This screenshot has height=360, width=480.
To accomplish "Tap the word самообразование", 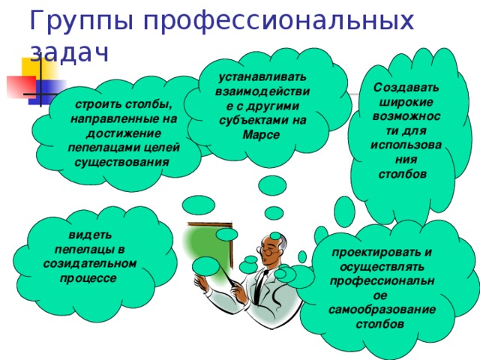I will [x=382, y=309].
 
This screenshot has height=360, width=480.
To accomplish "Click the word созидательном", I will [x=89, y=263].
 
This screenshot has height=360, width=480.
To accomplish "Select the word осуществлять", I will [x=382, y=266].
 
